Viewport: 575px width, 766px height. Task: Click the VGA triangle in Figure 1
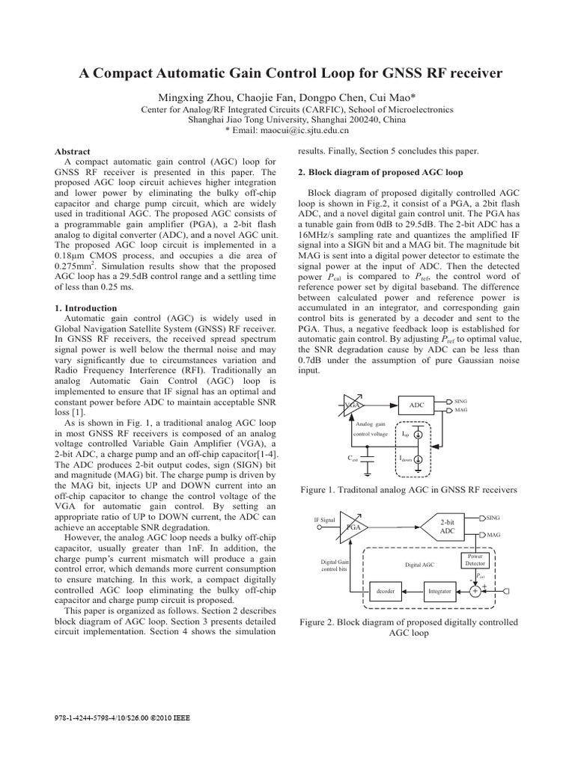pos(351,405)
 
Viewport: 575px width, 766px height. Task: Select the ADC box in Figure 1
pos(417,405)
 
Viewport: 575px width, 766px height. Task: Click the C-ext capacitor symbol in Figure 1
pos(368,459)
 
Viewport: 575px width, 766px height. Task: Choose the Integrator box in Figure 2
pos(439,591)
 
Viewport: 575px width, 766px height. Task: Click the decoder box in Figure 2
pos(386,591)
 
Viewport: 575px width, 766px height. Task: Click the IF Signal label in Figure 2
pos(325,518)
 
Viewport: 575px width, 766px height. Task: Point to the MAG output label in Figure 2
pos(493,536)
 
